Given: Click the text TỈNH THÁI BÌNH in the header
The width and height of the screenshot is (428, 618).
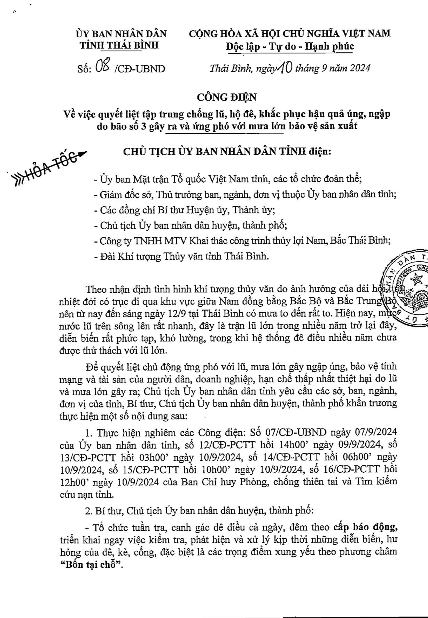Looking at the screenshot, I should pyautogui.click(x=119, y=46).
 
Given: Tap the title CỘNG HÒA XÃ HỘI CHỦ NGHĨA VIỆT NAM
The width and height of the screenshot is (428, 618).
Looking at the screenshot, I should pyautogui.click(x=289, y=33).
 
